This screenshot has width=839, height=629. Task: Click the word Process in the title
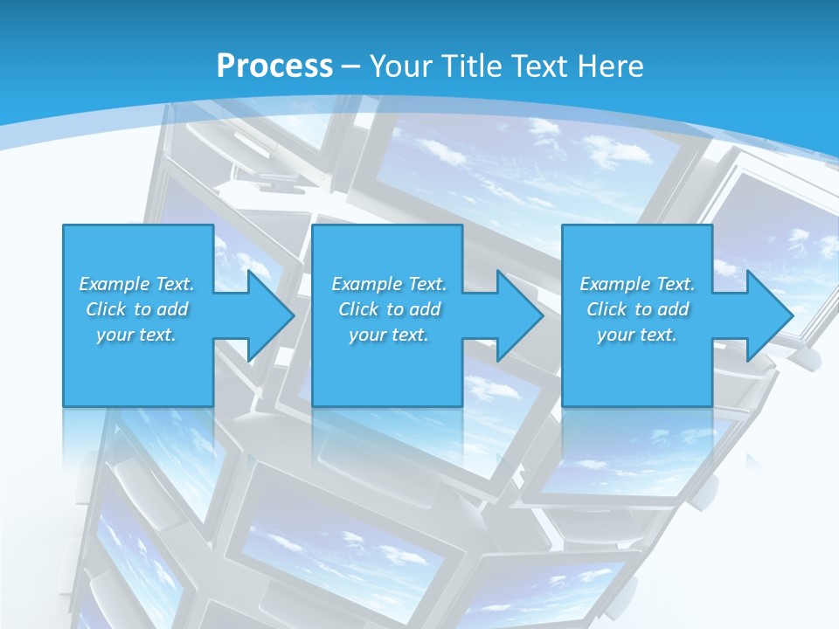[x=274, y=66]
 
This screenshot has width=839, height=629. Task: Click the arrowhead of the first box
[x=269, y=315]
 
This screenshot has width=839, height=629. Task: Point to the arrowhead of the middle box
[x=519, y=315]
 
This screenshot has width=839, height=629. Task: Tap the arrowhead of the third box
[x=769, y=315]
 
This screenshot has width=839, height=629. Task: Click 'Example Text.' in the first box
[x=136, y=284]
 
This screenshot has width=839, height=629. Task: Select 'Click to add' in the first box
[x=136, y=309]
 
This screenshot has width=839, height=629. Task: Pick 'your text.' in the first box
[x=136, y=335]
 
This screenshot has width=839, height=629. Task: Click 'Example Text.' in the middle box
[x=389, y=284]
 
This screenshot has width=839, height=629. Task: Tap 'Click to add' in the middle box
[x=389, y=309]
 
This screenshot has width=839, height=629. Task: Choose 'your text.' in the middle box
[x=389, y=335]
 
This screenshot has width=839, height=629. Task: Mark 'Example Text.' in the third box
[x=637, y=284]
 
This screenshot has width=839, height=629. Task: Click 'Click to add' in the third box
[x=637, y=309]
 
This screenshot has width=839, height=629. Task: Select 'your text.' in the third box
[x=637, y=335]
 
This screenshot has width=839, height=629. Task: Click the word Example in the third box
[x=614, y=284]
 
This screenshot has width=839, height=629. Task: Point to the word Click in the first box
[x=105, y=309]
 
